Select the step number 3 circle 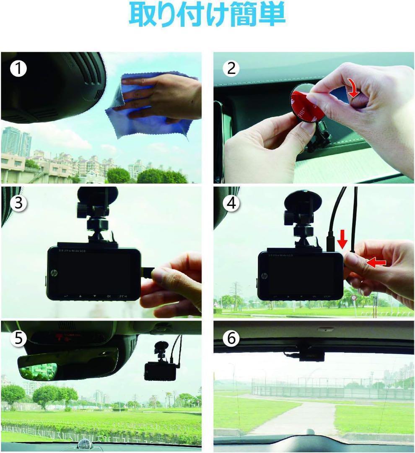pyautogui.click(x=18, y=204)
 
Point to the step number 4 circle pyautogui.click(x=231, y=204)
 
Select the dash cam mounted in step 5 pyautogui.click(x=160, y=369)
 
